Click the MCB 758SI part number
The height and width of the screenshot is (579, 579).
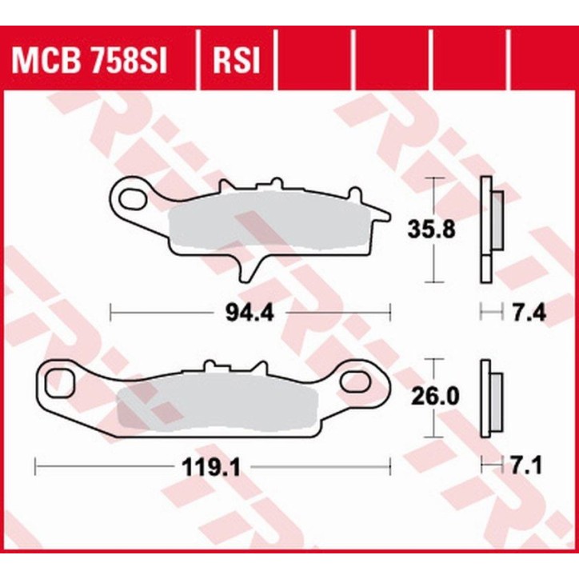88,62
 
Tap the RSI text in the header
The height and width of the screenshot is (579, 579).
236,62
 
